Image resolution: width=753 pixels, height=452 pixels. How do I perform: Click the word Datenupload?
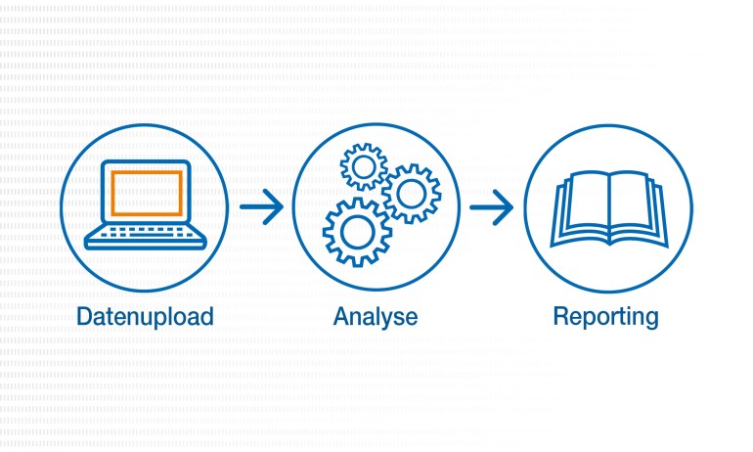tap(146, 317)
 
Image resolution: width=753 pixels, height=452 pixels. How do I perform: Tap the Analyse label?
tap(376, 317)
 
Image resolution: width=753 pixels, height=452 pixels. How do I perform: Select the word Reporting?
tap(606, 317)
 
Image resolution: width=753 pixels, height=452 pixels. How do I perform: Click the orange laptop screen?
tap(146, 193)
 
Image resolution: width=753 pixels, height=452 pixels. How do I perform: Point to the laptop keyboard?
tap(146, 233)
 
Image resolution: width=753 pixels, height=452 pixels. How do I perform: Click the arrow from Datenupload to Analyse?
tap(261, 205)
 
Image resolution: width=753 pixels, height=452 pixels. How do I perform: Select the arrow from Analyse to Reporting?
tap(492, 206)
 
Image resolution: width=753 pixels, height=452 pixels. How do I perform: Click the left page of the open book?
tap(580, 206)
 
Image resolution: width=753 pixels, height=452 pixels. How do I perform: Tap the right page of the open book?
tap(635, 206)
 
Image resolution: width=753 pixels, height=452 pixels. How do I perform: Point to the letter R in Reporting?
tap(561, 316)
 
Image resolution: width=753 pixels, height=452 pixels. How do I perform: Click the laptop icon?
tap(146, 205)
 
